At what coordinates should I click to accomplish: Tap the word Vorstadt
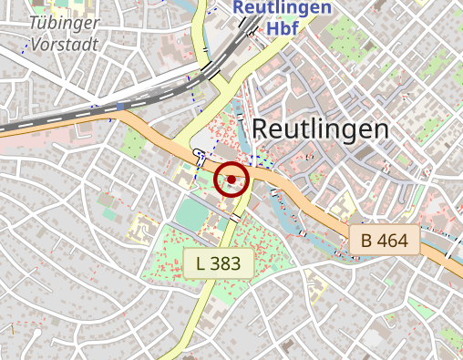tap(64, 45)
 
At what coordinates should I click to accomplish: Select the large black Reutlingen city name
tap(320, 129)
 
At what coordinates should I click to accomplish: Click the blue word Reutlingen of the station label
tap(282, 7)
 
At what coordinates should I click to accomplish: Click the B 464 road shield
tap(385, 241)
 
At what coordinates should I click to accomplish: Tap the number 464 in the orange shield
tap(394, 241)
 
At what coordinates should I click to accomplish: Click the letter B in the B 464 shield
tap(366, 241)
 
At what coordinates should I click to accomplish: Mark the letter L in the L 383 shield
tap(201, 264)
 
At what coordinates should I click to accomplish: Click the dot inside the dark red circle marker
tap(231, 180)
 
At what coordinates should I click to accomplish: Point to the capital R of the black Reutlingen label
tap(260, 129)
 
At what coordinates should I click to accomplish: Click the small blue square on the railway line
tap(120, 107)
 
